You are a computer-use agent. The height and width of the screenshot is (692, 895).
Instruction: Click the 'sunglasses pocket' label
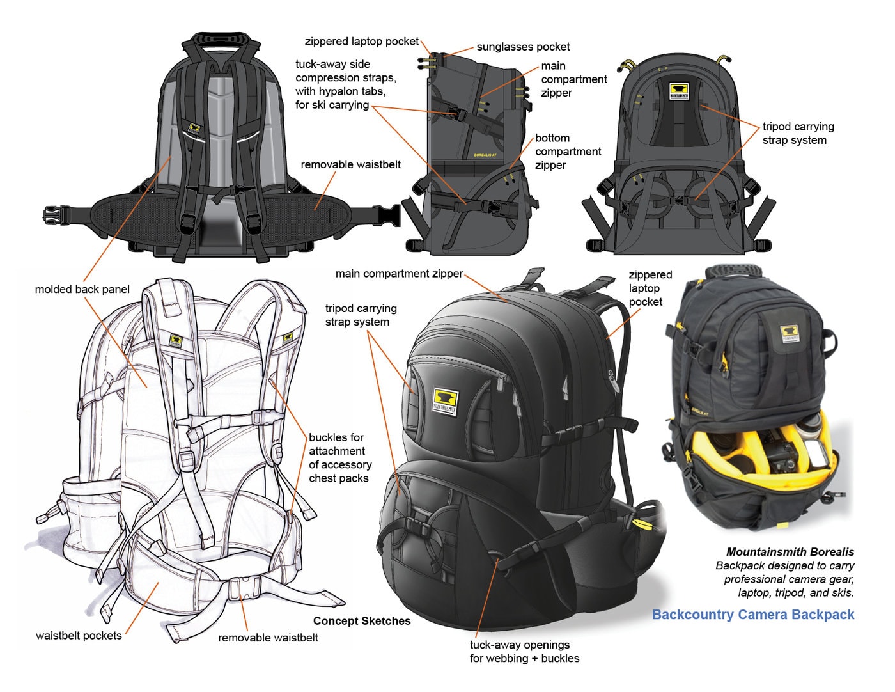tap(523, 47)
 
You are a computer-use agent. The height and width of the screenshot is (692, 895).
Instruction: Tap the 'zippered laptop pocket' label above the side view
tap(361, 42)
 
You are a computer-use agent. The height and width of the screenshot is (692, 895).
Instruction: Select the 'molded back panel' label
tap(82, 289)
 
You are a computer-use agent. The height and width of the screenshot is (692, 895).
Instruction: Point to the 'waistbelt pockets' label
tap(79, 636)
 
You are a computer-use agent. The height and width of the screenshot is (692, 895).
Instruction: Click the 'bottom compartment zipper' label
tap(568, 152)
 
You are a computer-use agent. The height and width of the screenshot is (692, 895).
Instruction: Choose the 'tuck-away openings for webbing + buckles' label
tap(524, 652)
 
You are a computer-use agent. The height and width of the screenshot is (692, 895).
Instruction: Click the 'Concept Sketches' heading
tap(362, 621)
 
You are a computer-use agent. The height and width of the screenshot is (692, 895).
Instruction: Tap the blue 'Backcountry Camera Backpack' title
tap(752, 615)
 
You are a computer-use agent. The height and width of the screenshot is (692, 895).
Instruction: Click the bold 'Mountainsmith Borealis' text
tap(790, 551)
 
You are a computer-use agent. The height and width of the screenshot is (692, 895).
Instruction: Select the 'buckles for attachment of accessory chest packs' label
tap(339, 458)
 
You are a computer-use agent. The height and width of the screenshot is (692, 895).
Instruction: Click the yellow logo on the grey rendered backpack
tap(446, 400)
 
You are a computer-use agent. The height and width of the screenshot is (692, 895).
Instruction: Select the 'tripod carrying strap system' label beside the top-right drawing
tap(797, 133)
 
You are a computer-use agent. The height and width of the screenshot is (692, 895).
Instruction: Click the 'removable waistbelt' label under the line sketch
tap(268, 638)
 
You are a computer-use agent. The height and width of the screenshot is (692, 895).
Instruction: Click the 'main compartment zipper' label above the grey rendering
tap(399, 274)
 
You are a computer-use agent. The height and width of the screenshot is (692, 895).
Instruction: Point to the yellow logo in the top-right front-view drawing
tap(678, 91)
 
